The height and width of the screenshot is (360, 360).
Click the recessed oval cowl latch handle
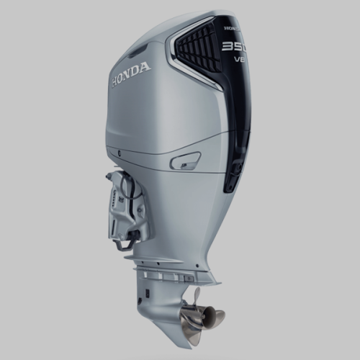tap(185, 161)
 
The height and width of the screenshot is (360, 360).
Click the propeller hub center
tap(199, 315)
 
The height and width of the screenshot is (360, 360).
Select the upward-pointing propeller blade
tap(197, 297)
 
